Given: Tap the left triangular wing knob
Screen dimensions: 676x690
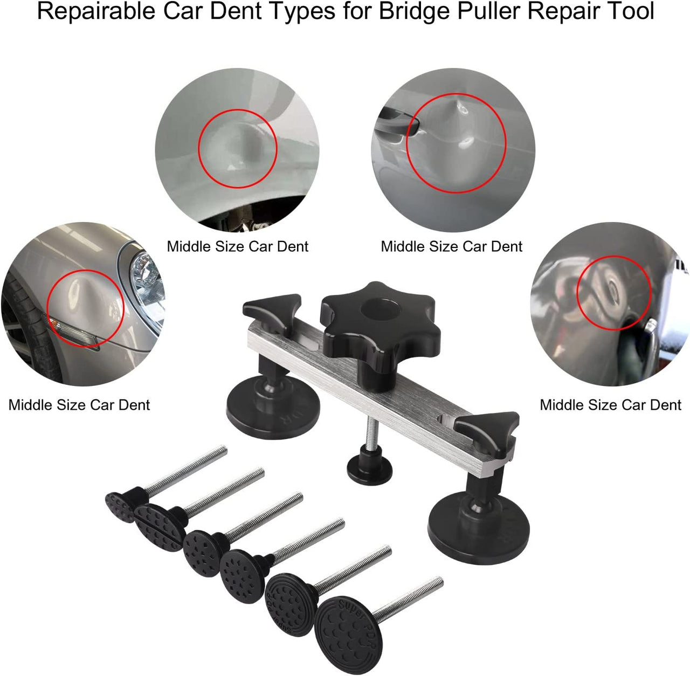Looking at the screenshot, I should pos(271,310).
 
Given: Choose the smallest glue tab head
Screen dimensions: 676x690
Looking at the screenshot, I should pos(120,507).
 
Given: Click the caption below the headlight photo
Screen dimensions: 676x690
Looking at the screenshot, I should pos(79,405).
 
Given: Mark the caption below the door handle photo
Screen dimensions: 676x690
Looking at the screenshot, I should pos(451,246).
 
